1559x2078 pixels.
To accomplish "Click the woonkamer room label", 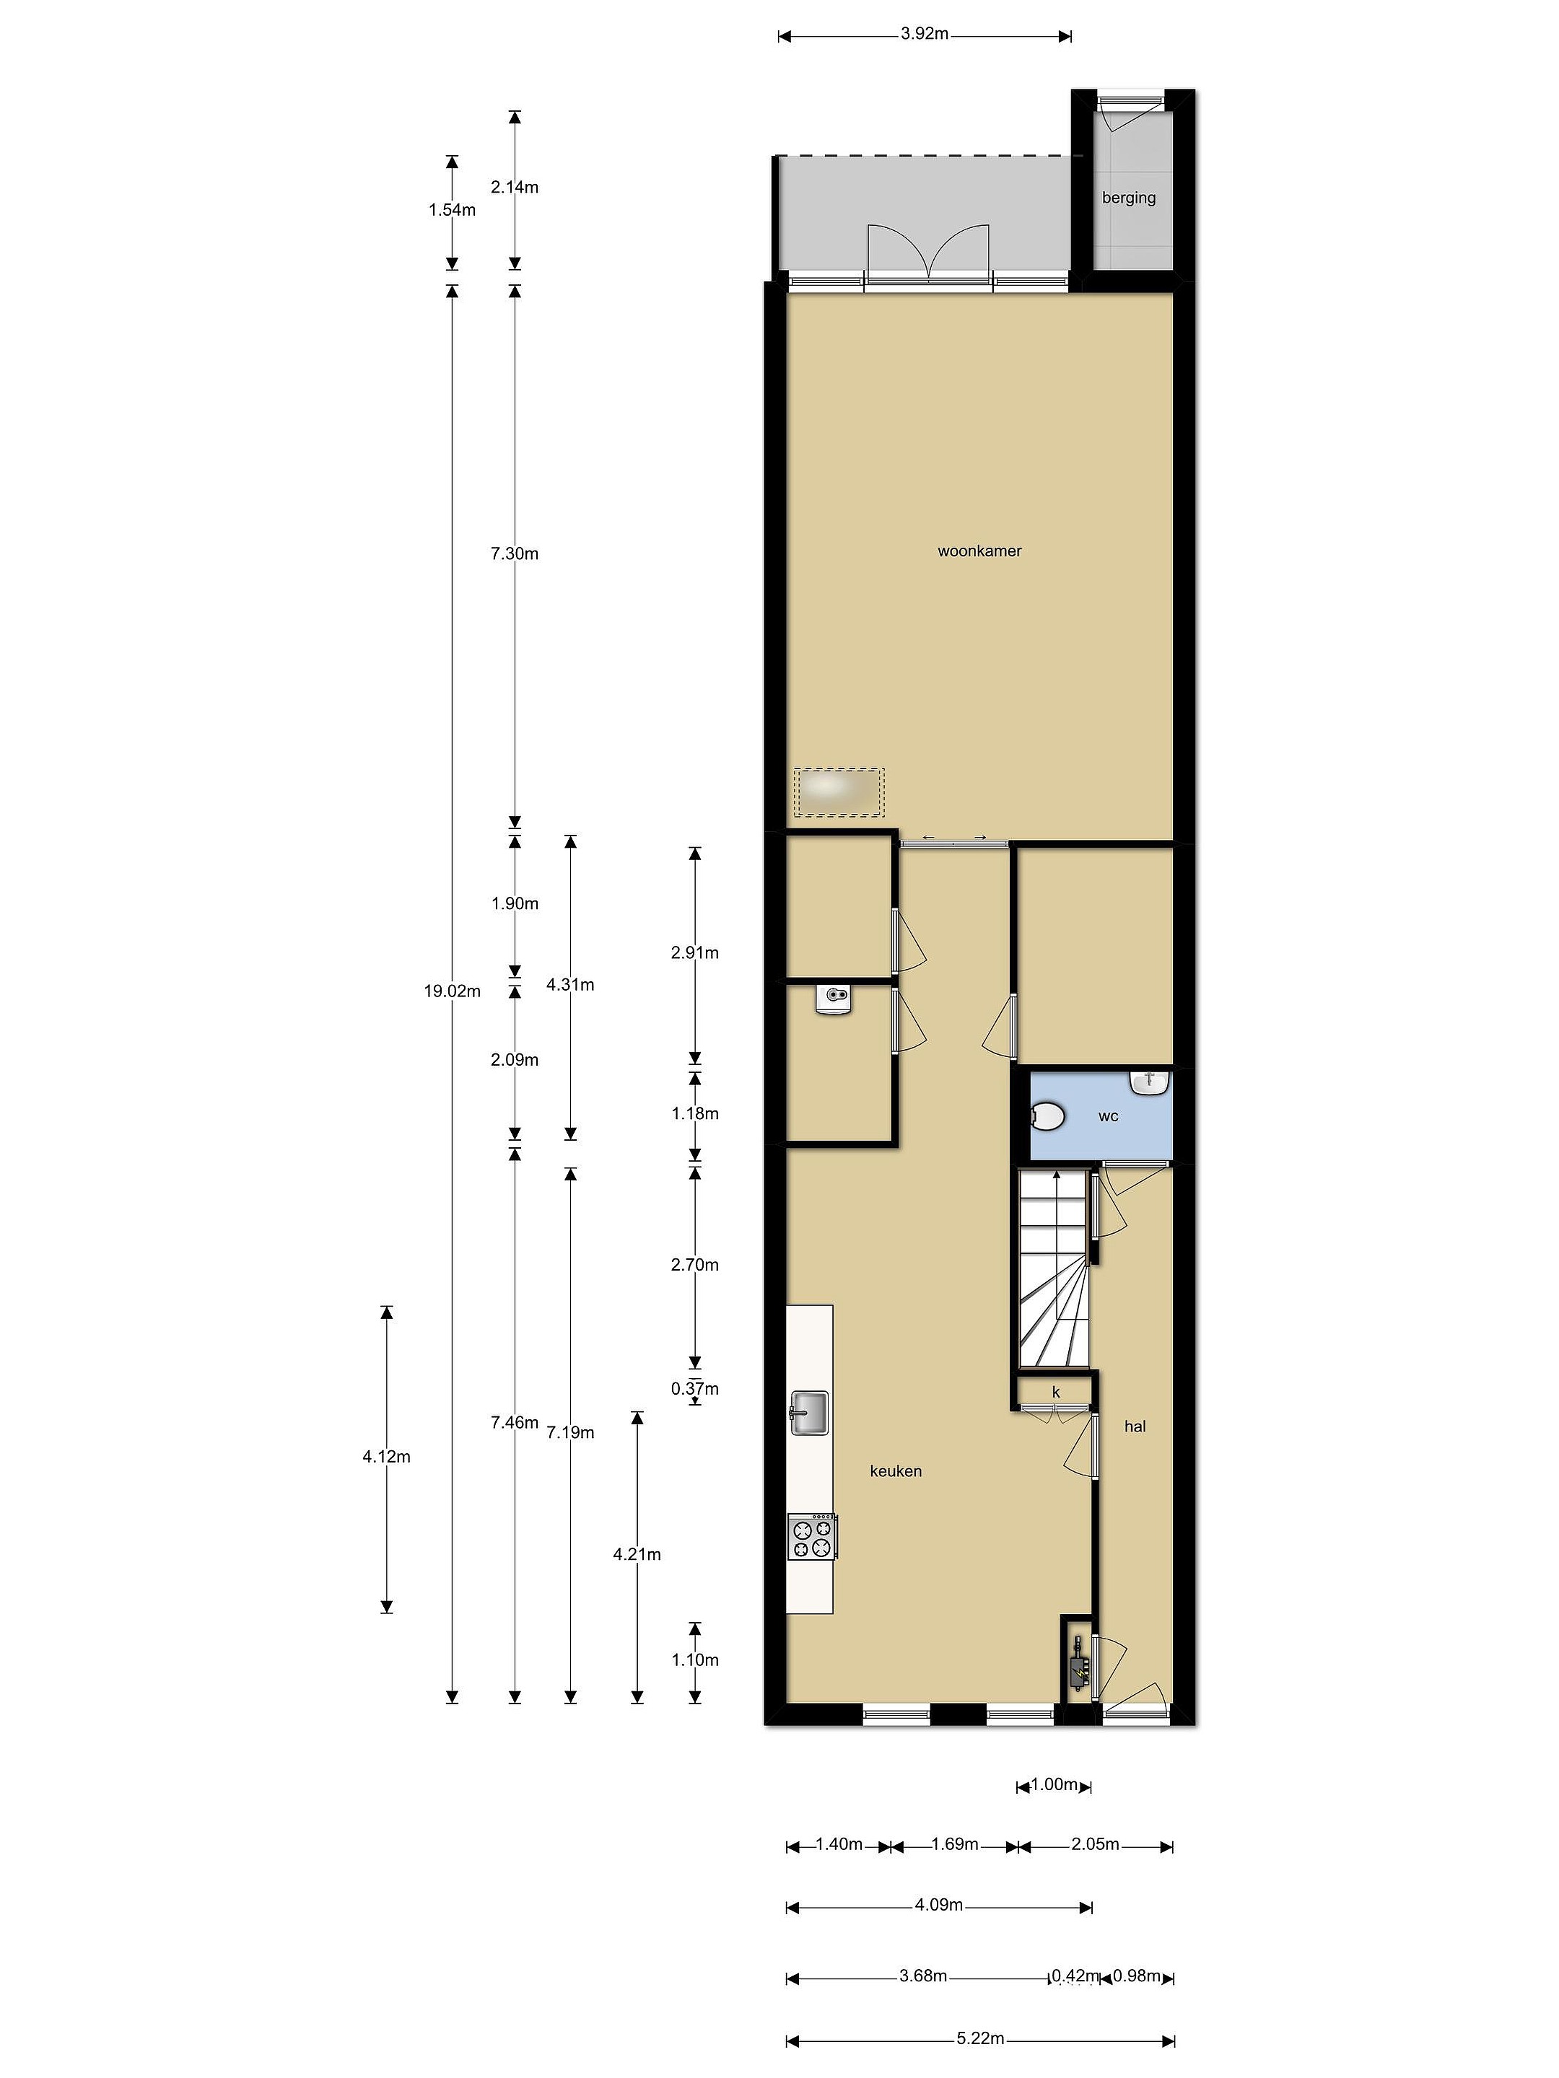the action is pyautogui.click(x=979, y=551).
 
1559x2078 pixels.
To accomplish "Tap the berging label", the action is pyautogui.click(x=1129, y=198).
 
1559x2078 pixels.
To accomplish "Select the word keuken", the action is pyautogui.click(x=896, y=1471).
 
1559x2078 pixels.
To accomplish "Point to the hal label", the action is pyautogui.click(x=1135, y=1426).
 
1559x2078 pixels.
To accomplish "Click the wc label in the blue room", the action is pyautogui.click(x=1108, y=1116).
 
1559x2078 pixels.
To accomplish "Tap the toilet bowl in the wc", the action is pyautogui.click(x=1047, y=1117).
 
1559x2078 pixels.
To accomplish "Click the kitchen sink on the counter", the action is pyautogui.click(x=809, y=1413).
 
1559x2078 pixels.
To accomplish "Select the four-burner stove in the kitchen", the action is pyautogui.click(x=812, y=1537).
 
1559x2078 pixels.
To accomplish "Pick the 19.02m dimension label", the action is pyautogui.click(x=452, y=991).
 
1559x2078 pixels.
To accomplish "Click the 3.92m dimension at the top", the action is pyautogui.click(x=925, y=35).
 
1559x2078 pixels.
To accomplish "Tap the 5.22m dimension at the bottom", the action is pyautogui.click(x=980, y=2040).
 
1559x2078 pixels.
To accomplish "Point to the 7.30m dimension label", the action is pyautogui.click(x=514, y=554).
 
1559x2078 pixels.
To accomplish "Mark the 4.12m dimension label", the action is pyautogui.click(x=386, y=1457).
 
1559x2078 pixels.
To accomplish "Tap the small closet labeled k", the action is pyautogui.click(x=1056, y=1393).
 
